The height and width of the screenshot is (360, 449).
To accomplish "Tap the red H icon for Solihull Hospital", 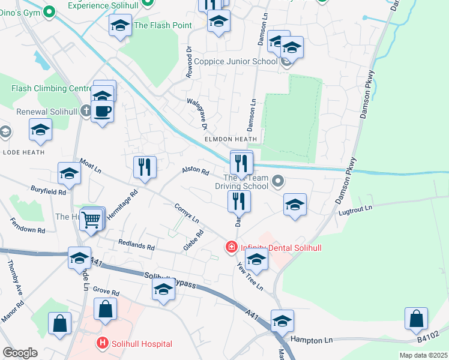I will (102, 344).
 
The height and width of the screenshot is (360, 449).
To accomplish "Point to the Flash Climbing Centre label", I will (51, 89).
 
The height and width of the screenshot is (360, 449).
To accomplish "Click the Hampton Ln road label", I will (312, 340).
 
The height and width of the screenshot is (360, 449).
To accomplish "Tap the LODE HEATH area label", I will (23, 152).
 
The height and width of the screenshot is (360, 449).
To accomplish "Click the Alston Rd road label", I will (195, 172).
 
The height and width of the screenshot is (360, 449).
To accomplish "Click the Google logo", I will (20, 353).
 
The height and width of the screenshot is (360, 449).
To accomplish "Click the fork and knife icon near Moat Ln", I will (144, 167).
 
